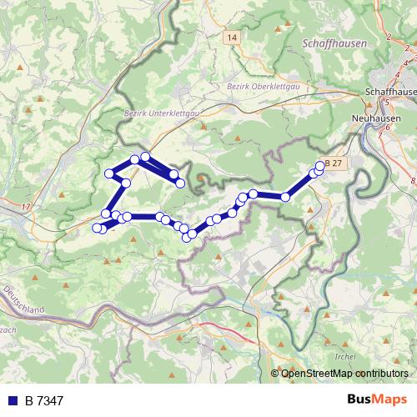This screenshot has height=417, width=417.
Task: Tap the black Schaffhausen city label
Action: [x=390, y=91]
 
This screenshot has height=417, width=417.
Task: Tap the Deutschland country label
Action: [x=24, y=301]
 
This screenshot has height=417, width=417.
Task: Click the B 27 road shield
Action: [x=334, y=163]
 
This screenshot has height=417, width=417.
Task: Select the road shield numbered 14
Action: [x=231, y=38]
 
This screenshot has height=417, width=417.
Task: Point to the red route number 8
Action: [x=412, y=179]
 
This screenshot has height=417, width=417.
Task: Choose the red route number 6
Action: [x=389, y=129]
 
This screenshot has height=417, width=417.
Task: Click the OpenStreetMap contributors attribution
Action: [x=344, y=373]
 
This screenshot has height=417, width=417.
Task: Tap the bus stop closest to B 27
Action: [x=320, y=166]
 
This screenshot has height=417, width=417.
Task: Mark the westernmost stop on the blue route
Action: [x=97, y=227]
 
